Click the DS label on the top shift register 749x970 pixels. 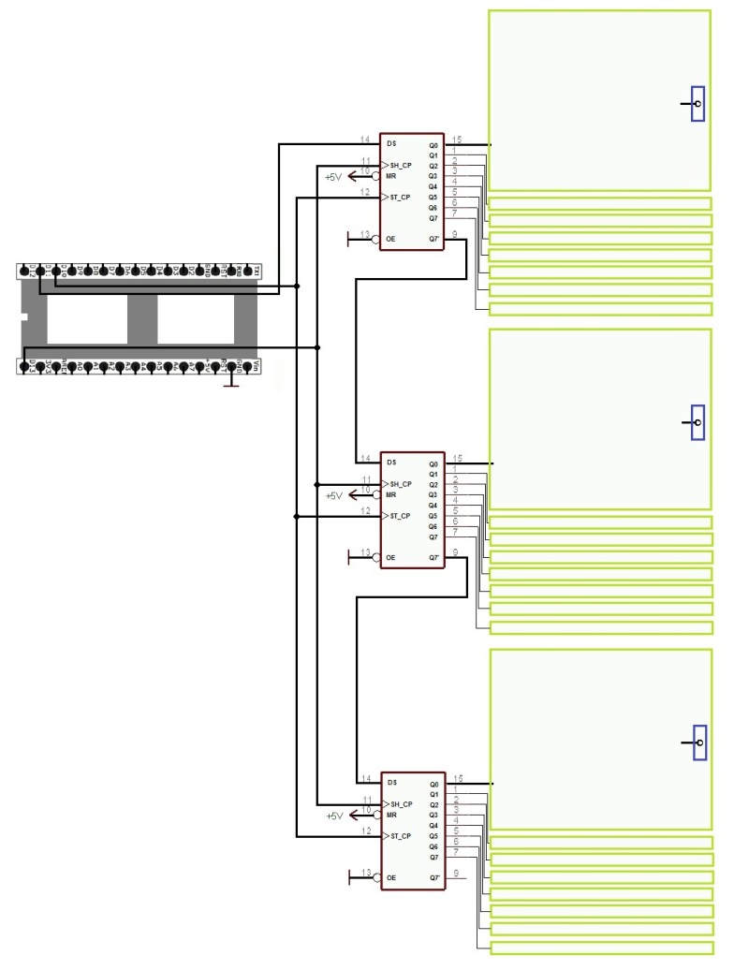(390, 145)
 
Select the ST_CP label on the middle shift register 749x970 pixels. (400, 516)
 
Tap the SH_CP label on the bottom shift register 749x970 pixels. (400, 804)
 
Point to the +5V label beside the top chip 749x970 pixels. (333, 176)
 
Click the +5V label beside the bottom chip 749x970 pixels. (333, 816)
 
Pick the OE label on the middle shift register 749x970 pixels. (390, 558)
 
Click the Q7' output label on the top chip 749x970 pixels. (433, 239)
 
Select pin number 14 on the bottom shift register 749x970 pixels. (366, 778)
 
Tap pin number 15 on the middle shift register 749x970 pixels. (457, 458)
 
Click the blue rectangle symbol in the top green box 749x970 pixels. (698, 104)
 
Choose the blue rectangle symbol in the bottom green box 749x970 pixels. (698, 742)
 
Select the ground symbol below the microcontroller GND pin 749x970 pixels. (232, 383)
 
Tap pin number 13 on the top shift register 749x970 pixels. (366, 233)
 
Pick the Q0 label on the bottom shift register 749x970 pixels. (433, 785)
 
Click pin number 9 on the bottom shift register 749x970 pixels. (455, 873)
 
